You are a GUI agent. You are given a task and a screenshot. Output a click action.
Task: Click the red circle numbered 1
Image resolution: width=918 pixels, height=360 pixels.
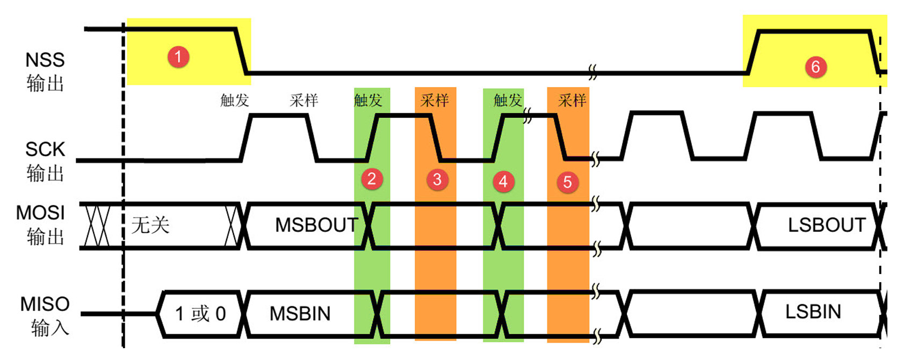click(178, 56)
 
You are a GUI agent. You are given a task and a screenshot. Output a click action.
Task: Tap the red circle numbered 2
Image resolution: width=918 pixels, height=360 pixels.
click(372, 178)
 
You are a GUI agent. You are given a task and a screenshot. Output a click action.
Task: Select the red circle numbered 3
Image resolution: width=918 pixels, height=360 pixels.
click(437, 179)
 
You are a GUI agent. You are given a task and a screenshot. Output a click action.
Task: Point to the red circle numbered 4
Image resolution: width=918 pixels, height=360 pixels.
click(503, 182)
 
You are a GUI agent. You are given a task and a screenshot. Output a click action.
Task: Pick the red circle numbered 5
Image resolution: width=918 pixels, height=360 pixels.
click(567, 183)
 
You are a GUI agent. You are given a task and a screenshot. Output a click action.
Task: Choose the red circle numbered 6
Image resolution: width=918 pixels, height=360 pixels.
click(815, 67)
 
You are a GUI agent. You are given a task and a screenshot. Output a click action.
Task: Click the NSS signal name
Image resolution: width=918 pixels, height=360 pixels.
click(45, 60)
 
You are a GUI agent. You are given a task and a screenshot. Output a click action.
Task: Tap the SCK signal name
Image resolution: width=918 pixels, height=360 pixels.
click(45, 149)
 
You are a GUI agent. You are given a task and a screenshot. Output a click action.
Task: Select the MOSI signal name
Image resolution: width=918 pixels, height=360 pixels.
click(40, 213)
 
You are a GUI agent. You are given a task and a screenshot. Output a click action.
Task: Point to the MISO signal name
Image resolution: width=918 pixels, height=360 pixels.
click(45, 304)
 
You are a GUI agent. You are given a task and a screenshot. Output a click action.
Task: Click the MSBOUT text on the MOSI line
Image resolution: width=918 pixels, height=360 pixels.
click(316, 225)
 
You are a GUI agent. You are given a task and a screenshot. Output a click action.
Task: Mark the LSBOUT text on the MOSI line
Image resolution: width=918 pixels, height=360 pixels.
click(827, 225)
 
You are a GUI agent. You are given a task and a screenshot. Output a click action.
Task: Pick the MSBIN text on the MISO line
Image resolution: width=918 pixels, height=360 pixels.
click(300, 314)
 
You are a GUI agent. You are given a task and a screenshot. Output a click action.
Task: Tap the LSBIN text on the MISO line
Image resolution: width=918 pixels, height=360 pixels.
click(813, 312)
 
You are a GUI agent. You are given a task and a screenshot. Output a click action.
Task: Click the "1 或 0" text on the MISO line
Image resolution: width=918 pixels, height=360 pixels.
click(200, 314)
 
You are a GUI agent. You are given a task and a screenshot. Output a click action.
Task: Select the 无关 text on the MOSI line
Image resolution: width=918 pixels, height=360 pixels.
click(150, 225)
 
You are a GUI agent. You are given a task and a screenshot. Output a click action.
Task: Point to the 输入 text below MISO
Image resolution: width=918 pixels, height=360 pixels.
click(50, 328)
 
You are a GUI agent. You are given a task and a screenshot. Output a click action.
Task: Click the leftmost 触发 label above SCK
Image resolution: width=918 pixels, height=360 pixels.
click(235, 100)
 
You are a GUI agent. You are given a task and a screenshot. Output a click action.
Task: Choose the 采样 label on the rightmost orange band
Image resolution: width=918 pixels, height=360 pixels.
click(572, 100)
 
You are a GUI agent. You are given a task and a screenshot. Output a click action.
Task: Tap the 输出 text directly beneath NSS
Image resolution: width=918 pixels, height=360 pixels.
click(45, 84)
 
